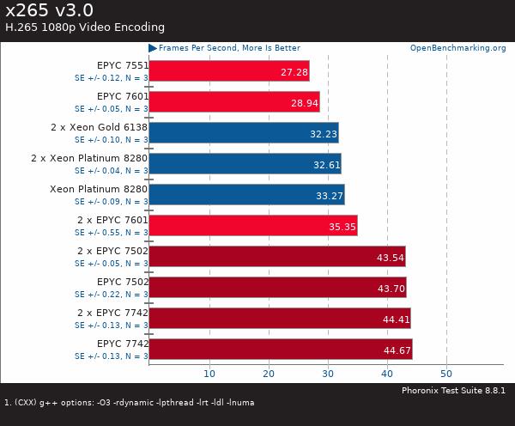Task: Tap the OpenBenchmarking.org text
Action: coord(457,48)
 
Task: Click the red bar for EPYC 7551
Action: coord(228,70)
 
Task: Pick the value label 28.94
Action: coord(305,102)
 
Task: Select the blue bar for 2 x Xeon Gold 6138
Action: coord(243,132)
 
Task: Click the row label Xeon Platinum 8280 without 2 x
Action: coord(99,189)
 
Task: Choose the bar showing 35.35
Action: coord(252,226)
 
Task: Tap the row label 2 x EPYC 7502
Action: coord(112,251)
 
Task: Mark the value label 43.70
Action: coord(390,288)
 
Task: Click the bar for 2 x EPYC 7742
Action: coord(279,318)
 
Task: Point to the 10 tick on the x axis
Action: coord(209,374)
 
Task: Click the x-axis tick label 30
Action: coord(328,374)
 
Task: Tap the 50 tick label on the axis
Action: coord(446,374)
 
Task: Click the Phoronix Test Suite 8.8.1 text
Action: coord(453,390)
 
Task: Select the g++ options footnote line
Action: coord(130,402)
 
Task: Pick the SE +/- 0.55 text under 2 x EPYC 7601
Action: coord(111,232)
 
